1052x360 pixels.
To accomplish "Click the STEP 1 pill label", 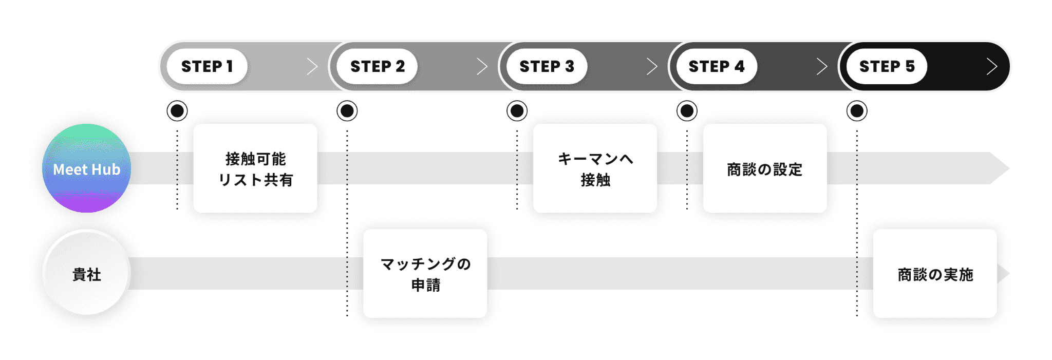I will [207, 66].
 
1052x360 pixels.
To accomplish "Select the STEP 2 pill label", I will [377, 66].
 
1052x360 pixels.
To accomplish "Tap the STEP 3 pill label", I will [547, 66].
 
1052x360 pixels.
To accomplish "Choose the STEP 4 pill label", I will [716, 66].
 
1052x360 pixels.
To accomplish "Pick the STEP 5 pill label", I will [887, 66].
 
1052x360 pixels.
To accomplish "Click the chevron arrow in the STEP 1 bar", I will [312, 66].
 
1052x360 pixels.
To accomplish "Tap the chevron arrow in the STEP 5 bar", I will [992, 66].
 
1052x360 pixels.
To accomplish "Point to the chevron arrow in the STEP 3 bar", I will [652, 66].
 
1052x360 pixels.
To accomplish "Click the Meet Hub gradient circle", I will [86, 168].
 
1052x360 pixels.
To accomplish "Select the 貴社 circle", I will [86, 274].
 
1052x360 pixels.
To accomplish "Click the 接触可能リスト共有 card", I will [255, 168].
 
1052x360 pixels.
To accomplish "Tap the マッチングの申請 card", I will [425, 274].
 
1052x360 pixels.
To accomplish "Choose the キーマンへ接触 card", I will [595, 168].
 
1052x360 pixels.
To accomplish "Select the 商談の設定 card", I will [765, 168].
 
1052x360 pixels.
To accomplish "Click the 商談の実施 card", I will [935, 274].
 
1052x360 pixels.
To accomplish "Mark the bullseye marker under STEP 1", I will [177, 111].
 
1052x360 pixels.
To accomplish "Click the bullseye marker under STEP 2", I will [347, 111].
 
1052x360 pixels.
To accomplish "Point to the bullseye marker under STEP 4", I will [687, 111].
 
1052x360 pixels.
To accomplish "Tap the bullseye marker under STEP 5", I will [857, 111].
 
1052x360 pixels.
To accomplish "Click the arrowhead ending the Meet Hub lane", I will [999, 168].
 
